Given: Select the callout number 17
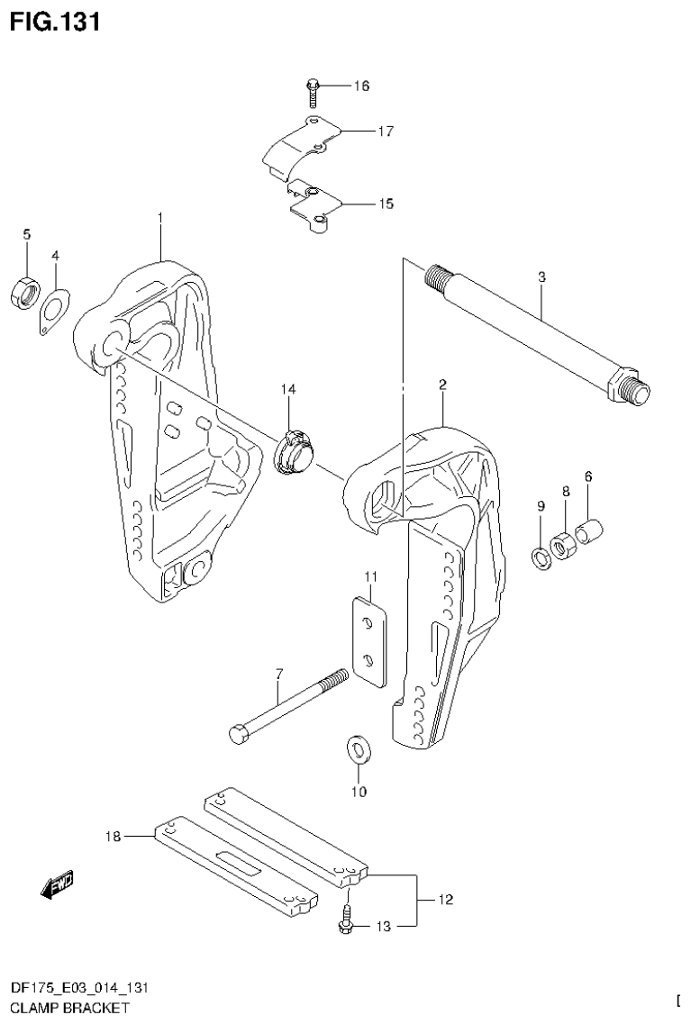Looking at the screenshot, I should tap(386, 131).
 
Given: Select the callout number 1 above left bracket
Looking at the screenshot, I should tap(159, 217).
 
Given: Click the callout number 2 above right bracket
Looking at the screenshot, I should tap(443, 385).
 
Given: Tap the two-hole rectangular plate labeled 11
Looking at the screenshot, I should tap(368, 641).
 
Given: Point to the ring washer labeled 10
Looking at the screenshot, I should tap(359, 749).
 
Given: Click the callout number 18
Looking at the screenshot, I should tap(113, 837).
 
